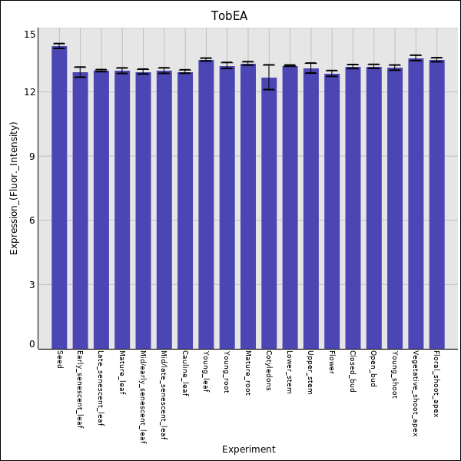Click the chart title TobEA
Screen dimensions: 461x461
coord(229,16)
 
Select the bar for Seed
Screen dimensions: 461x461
coord(59,197)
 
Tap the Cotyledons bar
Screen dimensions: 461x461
coord(269,213)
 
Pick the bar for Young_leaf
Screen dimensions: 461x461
coord(206,204)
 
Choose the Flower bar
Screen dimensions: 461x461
coord(332,211)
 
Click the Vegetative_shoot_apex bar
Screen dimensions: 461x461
coord(416,204)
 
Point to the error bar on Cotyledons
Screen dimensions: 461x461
coord(269,77)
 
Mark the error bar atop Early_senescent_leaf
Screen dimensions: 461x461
coord(80,72)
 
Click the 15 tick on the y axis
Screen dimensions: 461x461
coord(29,35)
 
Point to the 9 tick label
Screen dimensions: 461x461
coord(32,156)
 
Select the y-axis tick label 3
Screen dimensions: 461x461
coord(32,284)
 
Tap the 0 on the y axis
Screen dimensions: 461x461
coord(32,344)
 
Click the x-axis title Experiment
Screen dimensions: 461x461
coord(249,449)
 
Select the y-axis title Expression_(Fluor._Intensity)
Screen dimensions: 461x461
coord(14,188)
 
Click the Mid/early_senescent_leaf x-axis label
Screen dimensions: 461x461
coord(143,397)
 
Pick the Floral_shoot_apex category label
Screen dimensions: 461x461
coord(436,384)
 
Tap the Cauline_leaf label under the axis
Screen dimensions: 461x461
coord(185,373)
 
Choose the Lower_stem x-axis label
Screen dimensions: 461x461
coord(290,372)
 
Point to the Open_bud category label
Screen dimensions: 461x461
coord(373,369)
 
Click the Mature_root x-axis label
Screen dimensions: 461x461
coord(248,373)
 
